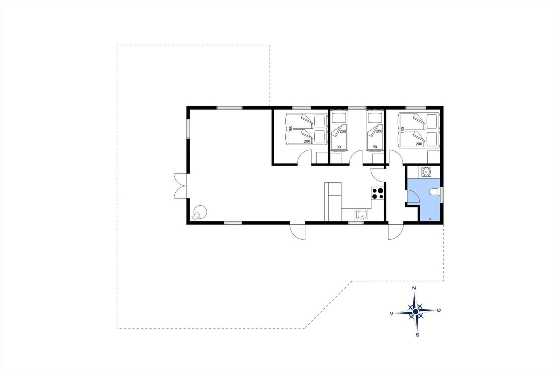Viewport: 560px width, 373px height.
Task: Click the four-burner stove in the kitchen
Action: pyautogui.click(x=378, y=193)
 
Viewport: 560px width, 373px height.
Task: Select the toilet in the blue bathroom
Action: pyautogui.click(x=434, y=192)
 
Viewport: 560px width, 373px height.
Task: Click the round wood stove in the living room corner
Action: pyautogui.click(x=200, y=213)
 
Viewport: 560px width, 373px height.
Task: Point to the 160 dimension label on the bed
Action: pyautogui.click(x=290, y=128)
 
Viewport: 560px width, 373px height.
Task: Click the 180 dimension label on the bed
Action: pyautogui.click(x=402, y=130)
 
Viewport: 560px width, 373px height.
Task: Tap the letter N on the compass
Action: pyautogui.click(x=414, y=288)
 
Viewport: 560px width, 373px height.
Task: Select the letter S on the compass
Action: pyautogui.click(x=417, y=335)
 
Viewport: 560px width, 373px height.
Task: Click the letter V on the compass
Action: pyautogui.click(x=392, y=314)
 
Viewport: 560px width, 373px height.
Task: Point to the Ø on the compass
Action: pyautogui.click(x=439, y=310)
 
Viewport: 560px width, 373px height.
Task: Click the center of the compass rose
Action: pyautogui.click(x=415, y=311)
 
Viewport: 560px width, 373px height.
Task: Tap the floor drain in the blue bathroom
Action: pyautogui.click(x=430, y=218)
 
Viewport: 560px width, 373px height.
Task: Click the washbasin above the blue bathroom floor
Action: pyautogui.click(x=426, y=172)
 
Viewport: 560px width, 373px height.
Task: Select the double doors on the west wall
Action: pyautogui.click(x=180, y=186)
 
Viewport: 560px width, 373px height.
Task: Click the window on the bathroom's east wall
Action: pyautogui.click(x=442, y=195)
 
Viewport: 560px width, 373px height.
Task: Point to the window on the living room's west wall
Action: pyautogui.click(x=188, y=128)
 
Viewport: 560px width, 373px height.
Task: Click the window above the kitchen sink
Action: pyautogui.click(x=356, y=223)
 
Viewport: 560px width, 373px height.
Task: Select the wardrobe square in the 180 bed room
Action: pyautogui.click(x=434, y=157)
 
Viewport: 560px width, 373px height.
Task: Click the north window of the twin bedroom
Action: pyautogui.click(x=357, y=108)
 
